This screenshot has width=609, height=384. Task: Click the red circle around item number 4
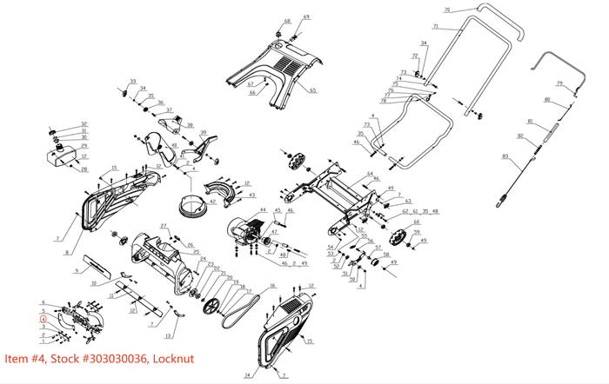[43, 318]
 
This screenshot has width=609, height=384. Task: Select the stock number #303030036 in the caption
[113, 358]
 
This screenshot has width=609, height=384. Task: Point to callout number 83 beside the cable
[505, 156]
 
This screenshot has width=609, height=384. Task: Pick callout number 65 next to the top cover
[313, 89]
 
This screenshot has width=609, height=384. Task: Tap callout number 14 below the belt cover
[246, 375]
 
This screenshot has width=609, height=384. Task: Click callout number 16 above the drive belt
[272, 285]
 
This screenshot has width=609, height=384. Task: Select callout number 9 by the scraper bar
[77, 272]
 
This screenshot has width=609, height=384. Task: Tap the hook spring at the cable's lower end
[501, 204]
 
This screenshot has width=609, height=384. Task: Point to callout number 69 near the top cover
[306, 17]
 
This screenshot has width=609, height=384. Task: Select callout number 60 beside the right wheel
[416, 222]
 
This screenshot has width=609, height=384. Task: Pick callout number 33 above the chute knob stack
[133, 82]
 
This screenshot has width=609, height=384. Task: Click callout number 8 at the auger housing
[66, 253]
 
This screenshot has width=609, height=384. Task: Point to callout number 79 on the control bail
[561, 83]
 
